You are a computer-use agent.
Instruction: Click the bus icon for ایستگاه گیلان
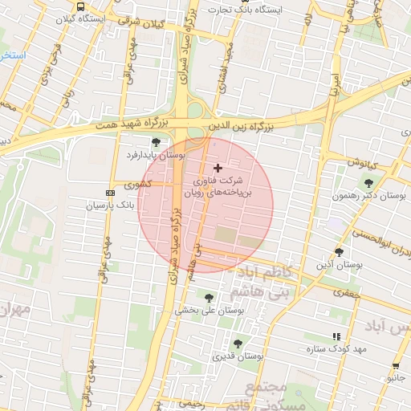coord(80,6)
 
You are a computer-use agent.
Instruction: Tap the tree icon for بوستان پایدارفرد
coord(156,142)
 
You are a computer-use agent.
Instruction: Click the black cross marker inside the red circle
coord(218,168)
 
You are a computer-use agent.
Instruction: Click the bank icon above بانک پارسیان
coord(110,193)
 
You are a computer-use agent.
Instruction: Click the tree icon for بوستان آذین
coord(340,252)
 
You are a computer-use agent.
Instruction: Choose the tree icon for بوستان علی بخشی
coord(210,298)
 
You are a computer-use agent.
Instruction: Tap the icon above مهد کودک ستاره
coord(336,337)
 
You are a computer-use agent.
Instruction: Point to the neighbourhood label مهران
coord(14,309)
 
